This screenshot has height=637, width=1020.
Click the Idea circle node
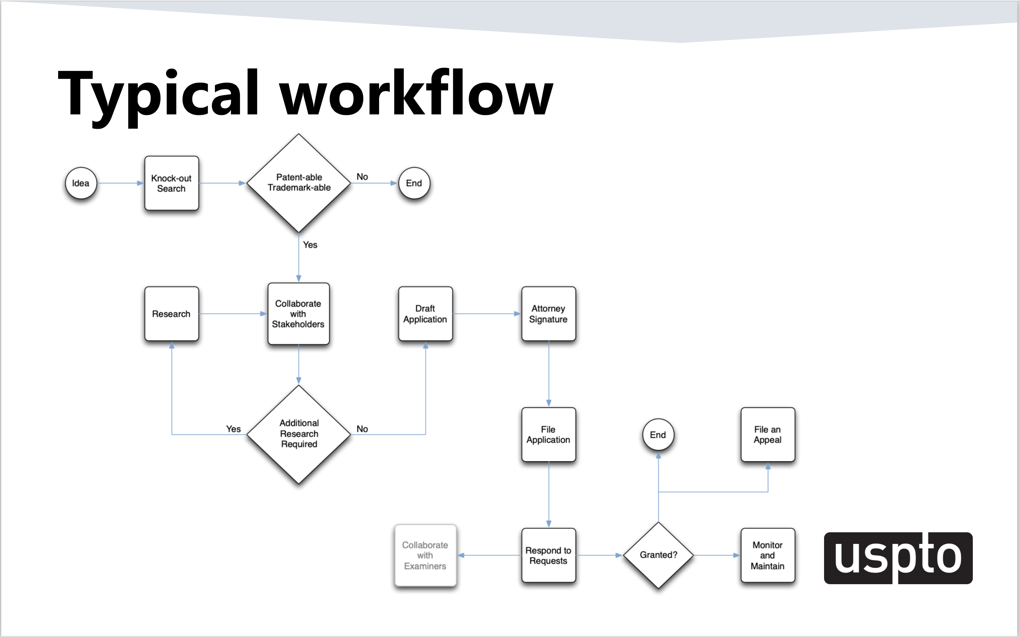81,183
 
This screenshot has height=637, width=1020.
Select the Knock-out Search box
171,183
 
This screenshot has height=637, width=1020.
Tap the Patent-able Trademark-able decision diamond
298,183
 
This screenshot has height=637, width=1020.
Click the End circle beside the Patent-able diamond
414,183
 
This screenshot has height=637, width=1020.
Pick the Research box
171,314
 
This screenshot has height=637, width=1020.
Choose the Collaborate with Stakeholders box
298,314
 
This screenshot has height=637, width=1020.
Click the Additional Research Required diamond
298,434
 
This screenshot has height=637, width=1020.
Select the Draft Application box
425,314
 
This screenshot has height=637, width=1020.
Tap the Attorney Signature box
548,314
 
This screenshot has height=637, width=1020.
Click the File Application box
548,434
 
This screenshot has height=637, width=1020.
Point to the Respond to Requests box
548,555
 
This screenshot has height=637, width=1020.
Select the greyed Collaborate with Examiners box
425,555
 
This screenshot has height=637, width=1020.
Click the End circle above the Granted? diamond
658,435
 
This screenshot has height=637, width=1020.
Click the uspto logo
898,558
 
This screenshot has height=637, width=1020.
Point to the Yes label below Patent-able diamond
310,245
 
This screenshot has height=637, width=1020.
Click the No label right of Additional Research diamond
362,429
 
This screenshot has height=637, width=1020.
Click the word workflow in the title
416,93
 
